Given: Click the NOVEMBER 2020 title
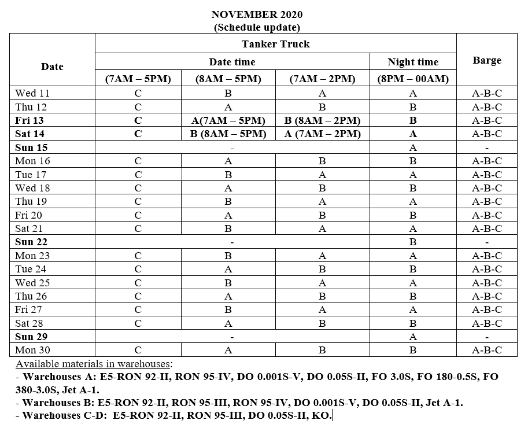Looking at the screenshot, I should click(257, 14).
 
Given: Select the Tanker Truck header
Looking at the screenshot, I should click(275, 44).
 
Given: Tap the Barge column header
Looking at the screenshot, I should click(486, 60).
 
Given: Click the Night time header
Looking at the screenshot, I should click(413, 62).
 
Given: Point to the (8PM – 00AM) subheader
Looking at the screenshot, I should click(413, 79).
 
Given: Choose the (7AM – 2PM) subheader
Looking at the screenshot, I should click(322, 79).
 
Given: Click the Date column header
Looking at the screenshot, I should click(52, 67).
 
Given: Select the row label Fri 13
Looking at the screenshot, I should click(29, 120).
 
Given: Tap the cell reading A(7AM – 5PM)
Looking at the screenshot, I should click(228, 120).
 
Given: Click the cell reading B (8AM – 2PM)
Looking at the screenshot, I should click(322, 120).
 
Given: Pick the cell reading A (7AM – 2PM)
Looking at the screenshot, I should click(322, 134).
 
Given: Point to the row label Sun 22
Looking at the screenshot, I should click(31, 242).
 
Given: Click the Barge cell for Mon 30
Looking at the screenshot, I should click(486, 350).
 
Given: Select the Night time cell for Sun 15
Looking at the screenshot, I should click(413, 147).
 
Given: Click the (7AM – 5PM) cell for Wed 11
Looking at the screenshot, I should click(138, 93).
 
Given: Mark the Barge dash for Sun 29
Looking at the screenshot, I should click(486, 337).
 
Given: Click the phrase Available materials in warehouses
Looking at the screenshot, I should click(94, 364).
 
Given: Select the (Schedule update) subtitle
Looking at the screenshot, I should click(257, 27).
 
